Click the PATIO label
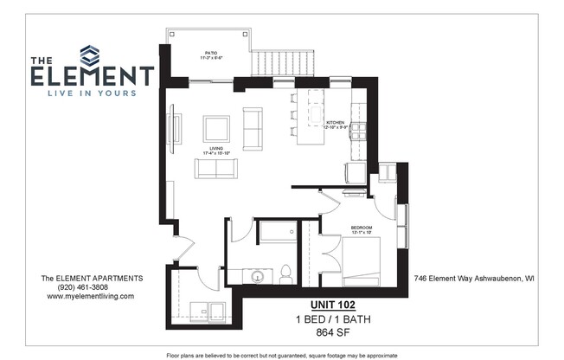tap(209, 53)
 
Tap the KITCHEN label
tap(335, 123)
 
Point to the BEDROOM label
tap(361, 228)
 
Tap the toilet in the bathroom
tap(285, 273)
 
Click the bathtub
tap(276, 232)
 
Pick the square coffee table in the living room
tap(216, 128)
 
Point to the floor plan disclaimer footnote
tap(281, 355)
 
